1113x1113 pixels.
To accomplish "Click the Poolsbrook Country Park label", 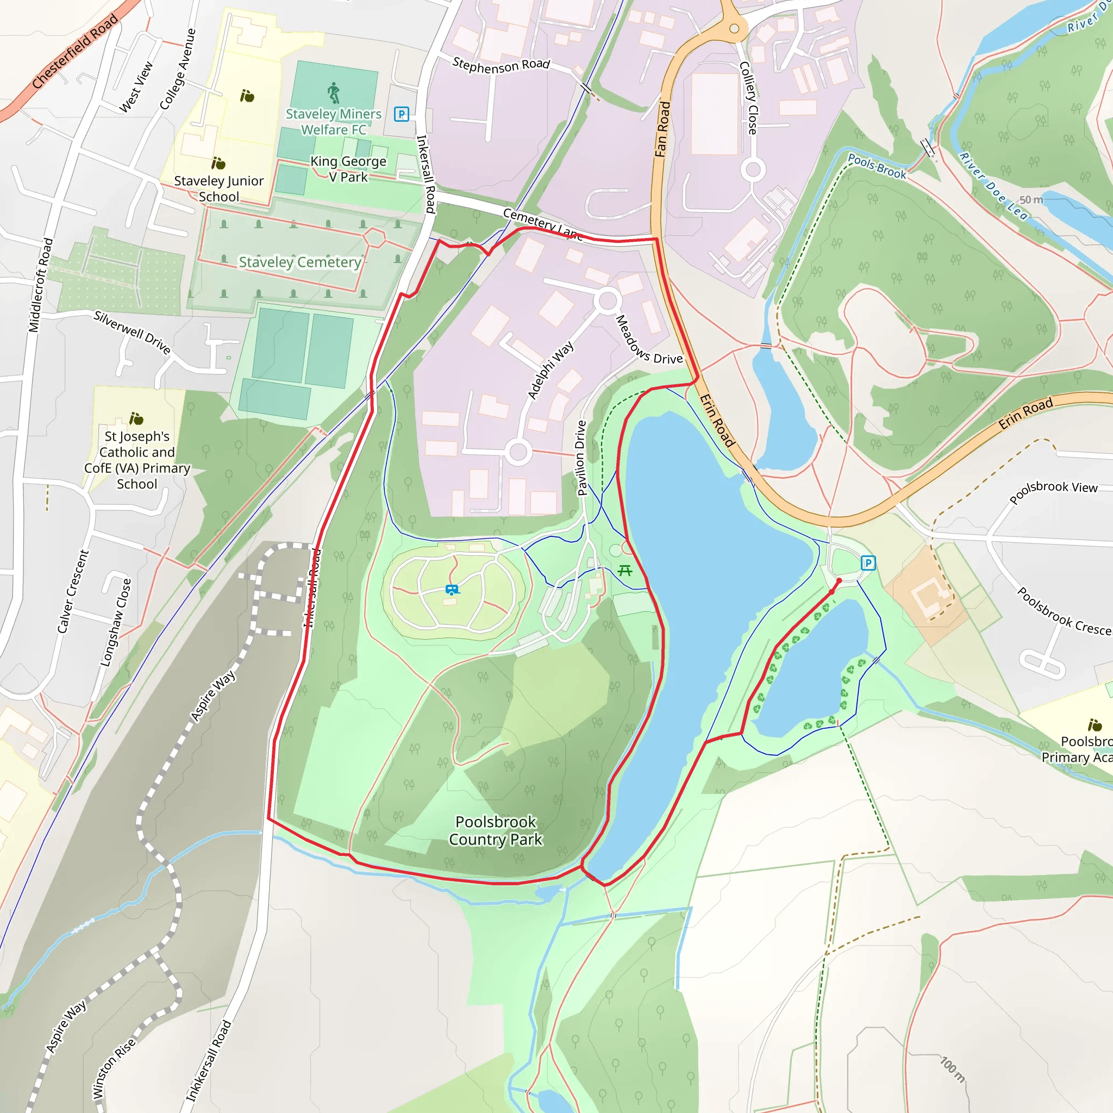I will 496,830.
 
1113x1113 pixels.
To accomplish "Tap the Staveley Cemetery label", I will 300,262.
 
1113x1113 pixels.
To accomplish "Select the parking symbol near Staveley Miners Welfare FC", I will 402,114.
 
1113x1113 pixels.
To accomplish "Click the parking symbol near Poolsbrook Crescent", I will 868,563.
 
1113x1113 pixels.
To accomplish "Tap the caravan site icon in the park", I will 452,590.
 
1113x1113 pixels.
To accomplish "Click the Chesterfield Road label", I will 75,51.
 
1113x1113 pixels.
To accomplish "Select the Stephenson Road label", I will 501,65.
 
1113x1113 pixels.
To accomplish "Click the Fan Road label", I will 662,130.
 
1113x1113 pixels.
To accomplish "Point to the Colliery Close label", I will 748,98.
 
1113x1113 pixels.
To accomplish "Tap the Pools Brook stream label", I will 877,166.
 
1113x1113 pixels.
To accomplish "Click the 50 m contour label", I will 1031,200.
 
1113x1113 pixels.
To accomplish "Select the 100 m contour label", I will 952,1069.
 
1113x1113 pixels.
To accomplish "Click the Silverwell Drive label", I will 133,333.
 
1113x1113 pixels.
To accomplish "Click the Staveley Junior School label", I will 219,189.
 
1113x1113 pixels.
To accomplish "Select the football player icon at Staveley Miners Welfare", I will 334,93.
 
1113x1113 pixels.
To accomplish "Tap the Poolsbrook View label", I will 1054,491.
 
